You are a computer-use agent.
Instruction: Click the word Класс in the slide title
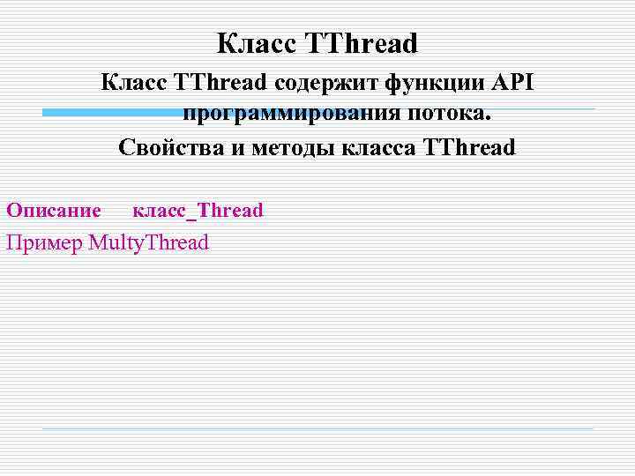coord(257,42)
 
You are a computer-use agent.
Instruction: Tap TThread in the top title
coord(362,42)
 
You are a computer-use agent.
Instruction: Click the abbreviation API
coord(512,83)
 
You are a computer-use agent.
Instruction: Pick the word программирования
coord(291,115)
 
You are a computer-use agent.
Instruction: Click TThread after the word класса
coord(468,147)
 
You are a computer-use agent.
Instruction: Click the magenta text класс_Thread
coord(198,211)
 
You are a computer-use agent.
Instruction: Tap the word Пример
coord(44,242)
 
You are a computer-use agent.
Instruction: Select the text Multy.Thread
coord(149,242)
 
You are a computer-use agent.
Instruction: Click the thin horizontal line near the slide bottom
coord(317,429)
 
